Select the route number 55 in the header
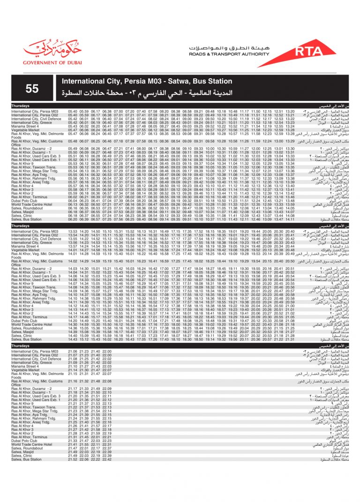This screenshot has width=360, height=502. click(x=32, y=89)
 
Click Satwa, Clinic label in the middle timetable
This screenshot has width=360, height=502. click(x=22, y=336)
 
